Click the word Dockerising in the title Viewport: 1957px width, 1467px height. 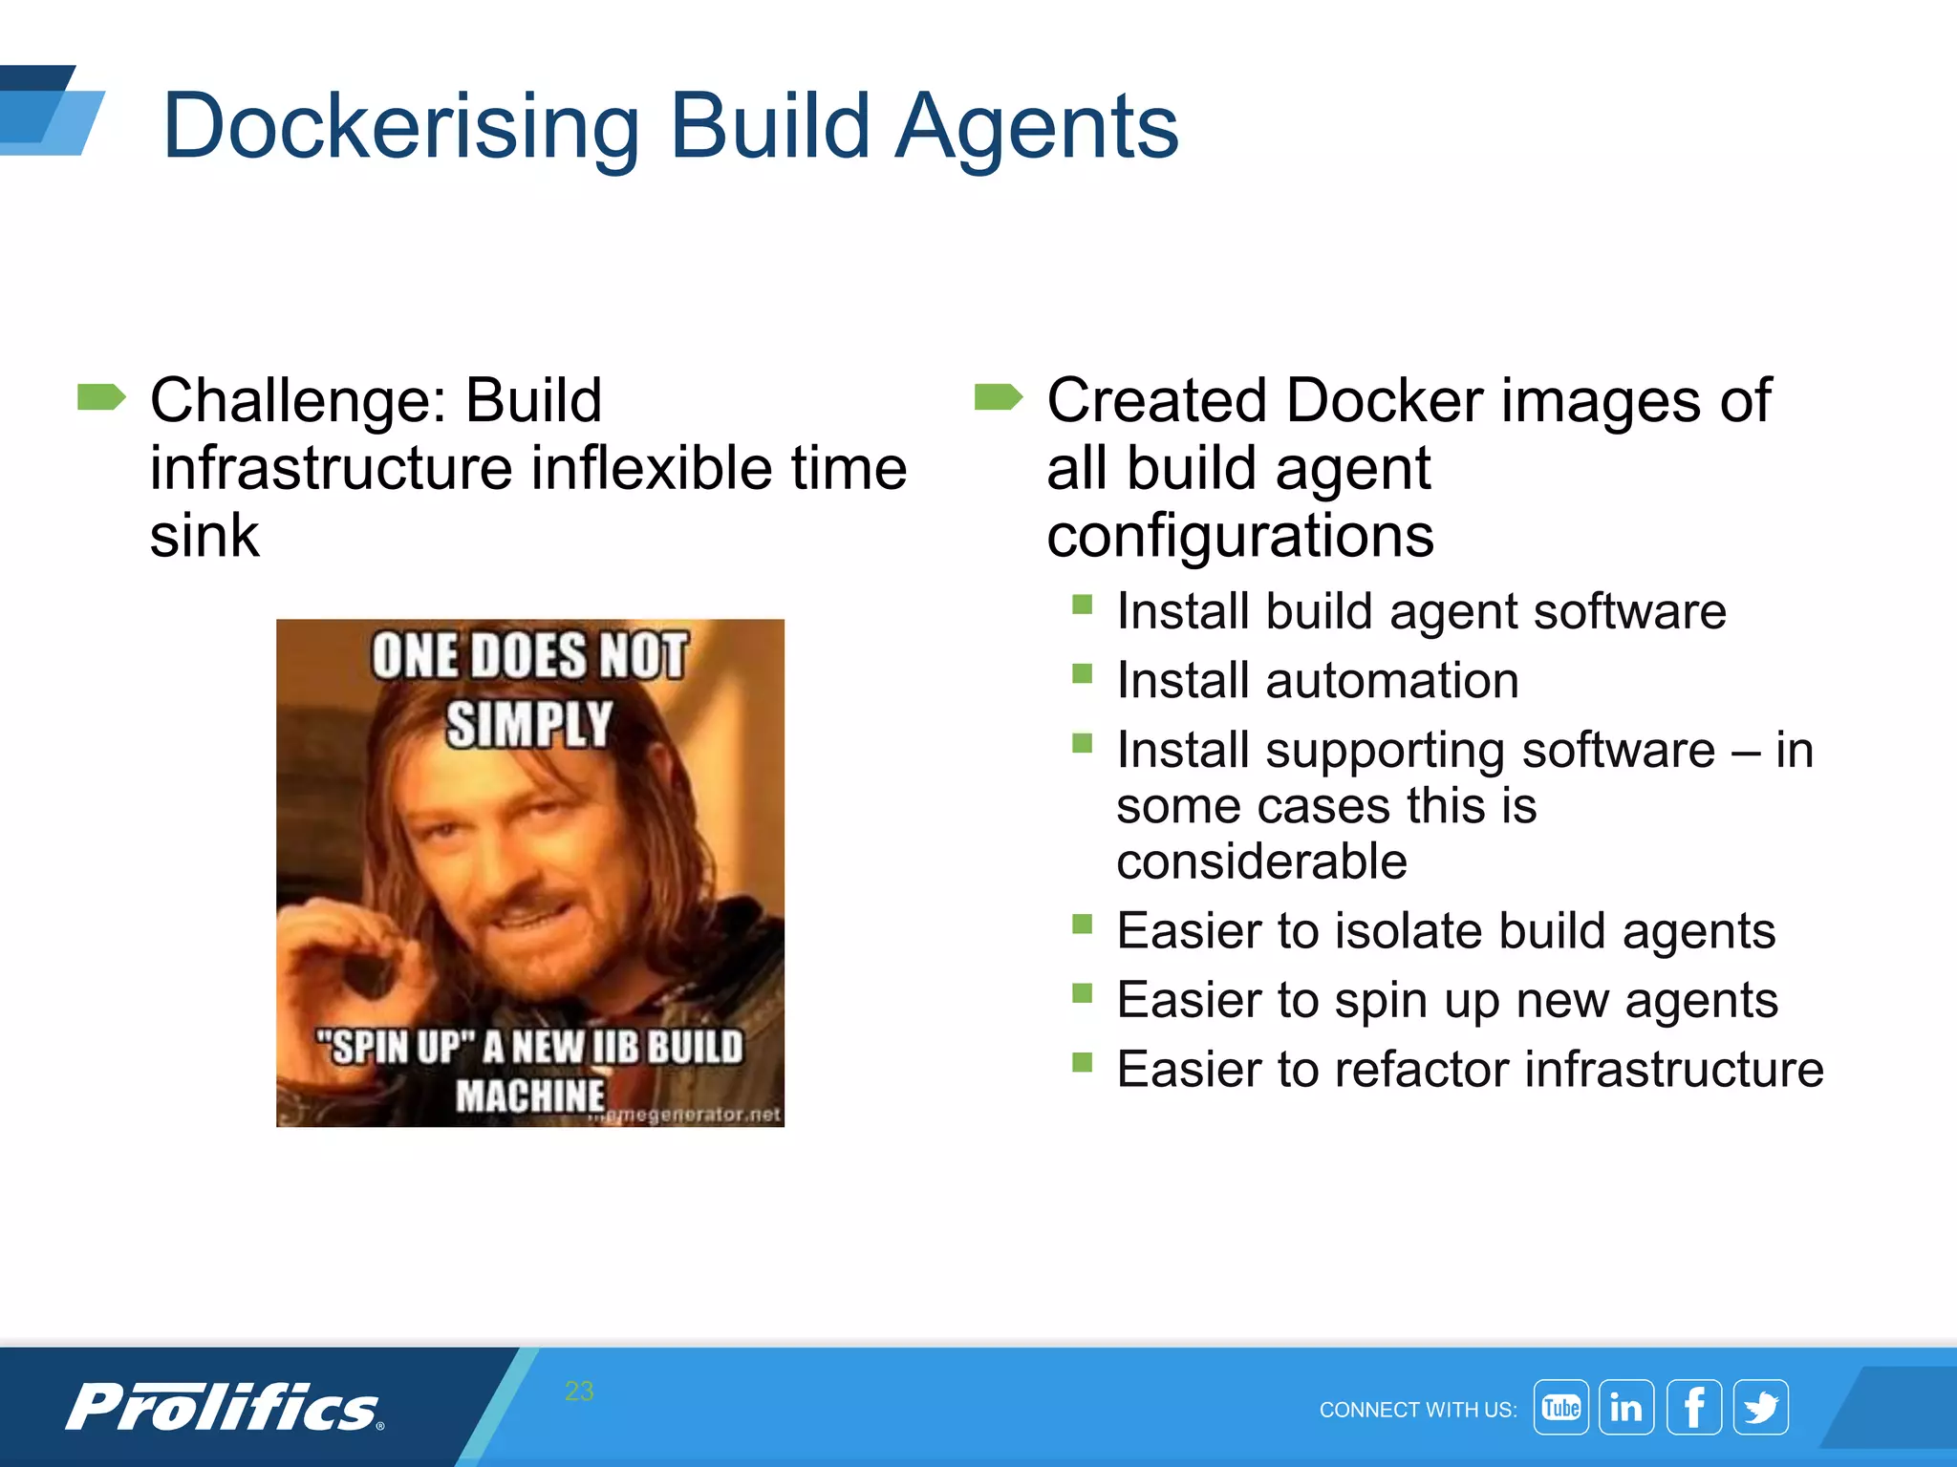400,127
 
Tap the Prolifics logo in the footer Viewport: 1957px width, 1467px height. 225,1408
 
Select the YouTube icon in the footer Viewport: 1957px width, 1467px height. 1560,1407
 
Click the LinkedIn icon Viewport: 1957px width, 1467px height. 1626,1407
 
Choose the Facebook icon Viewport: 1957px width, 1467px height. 1694,1407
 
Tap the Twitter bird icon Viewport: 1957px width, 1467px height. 1761,1407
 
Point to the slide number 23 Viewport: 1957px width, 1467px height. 579,1391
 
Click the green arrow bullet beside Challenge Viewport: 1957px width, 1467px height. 101,396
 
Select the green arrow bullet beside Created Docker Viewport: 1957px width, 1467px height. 998,396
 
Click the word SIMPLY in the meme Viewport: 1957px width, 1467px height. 529,724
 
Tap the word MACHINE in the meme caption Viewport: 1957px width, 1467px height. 529,1095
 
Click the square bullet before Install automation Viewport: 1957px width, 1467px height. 1082,674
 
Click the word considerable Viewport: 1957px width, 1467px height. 1261,861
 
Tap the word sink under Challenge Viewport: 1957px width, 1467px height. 204,535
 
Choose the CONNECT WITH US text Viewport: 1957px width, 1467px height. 1417,1410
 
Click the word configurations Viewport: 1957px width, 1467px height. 1240,535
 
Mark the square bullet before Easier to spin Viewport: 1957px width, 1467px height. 1082,993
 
